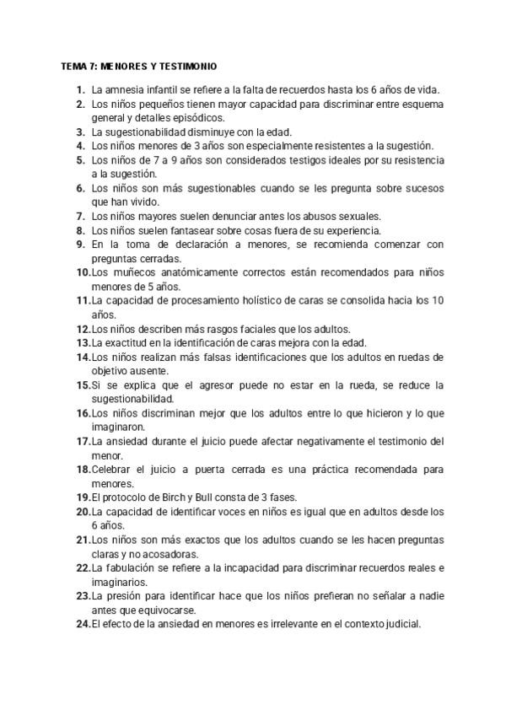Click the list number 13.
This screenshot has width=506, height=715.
[83, 343]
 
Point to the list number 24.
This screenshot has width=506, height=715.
[83, 624]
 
